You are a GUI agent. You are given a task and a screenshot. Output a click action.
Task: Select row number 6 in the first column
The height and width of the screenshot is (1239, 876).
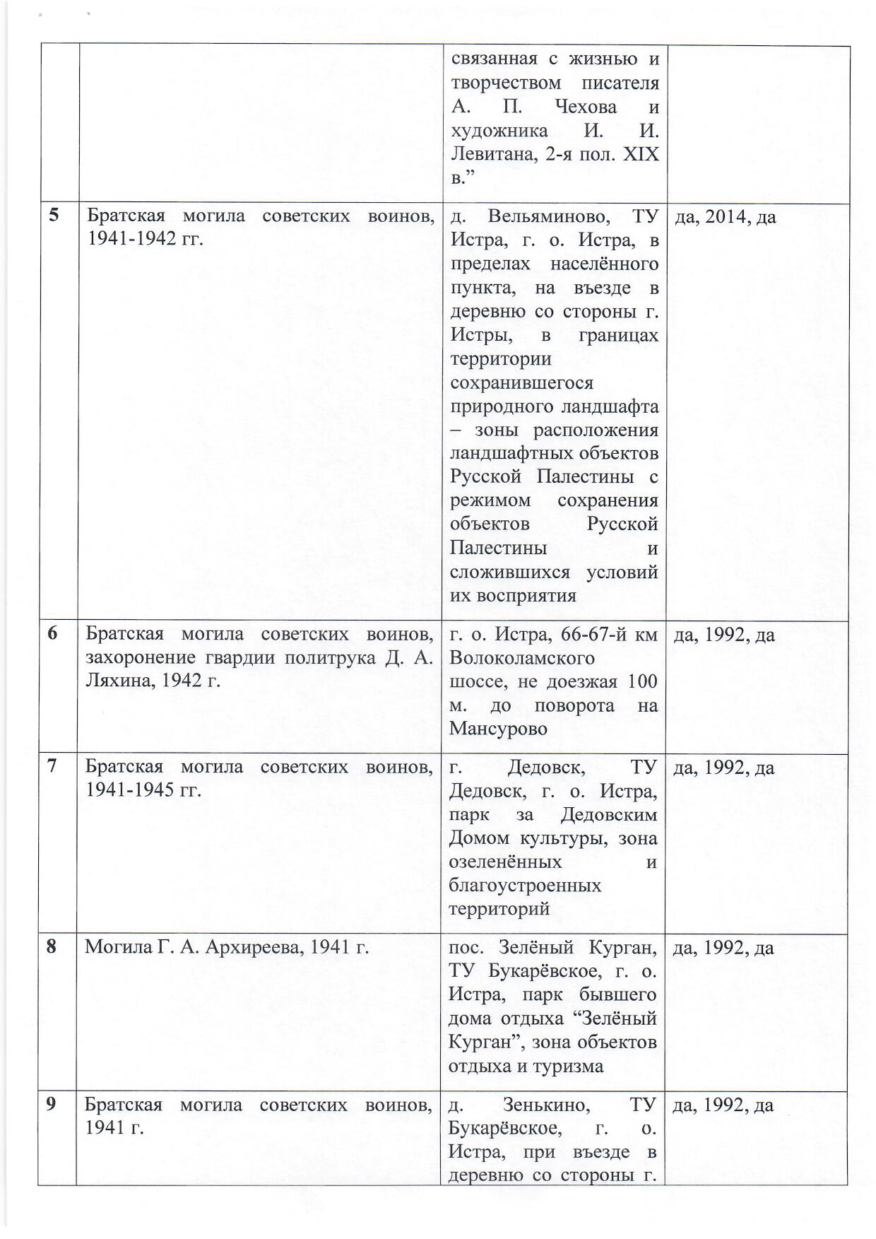pos(53,634)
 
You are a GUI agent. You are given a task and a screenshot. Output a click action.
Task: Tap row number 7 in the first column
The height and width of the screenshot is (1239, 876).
pos(52,767)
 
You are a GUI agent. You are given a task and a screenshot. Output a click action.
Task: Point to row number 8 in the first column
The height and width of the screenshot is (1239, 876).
pos(52,946)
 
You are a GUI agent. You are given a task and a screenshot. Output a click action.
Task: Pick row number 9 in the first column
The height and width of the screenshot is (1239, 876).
pos(52,1104)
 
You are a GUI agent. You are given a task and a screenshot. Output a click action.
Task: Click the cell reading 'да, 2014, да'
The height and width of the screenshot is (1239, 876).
pos(726,217)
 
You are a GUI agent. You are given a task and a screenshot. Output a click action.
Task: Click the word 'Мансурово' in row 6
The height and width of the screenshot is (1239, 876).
pos(498,729)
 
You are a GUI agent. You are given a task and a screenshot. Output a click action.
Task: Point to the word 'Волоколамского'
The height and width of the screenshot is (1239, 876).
pos(522,658)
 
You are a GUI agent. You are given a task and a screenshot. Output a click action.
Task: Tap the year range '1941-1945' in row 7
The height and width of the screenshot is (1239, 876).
pos(132,790)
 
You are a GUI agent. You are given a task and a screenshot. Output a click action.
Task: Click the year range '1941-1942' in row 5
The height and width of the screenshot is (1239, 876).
pos(134,240)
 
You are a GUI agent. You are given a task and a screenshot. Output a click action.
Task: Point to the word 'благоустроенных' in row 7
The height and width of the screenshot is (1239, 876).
pos(525,886)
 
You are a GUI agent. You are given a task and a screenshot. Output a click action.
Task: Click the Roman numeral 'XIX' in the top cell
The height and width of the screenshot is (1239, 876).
pos(640,155)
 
